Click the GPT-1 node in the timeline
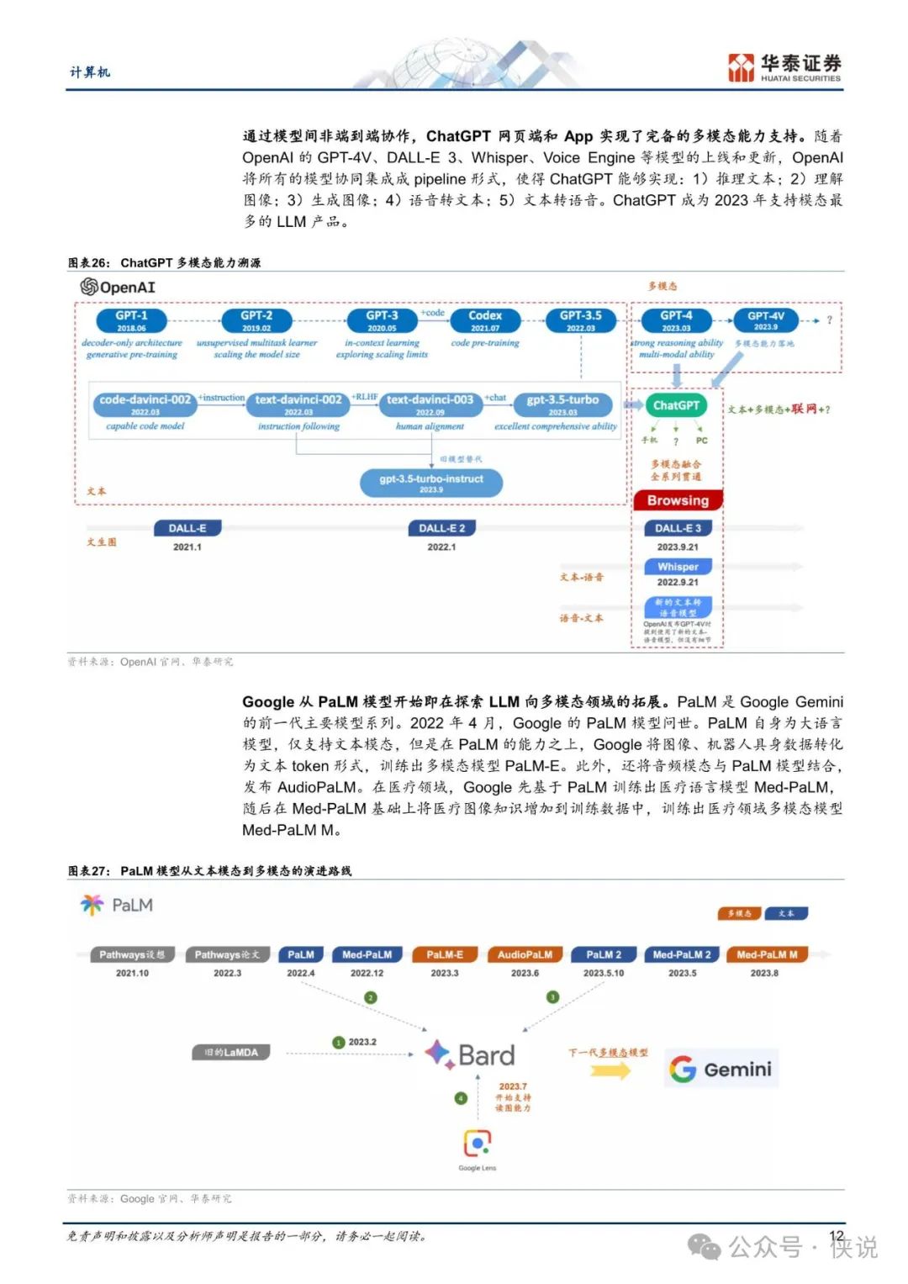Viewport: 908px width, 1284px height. [131, 320]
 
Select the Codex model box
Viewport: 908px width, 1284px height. [485, 320]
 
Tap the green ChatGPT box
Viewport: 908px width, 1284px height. [676, 405]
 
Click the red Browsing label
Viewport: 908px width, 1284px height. [678, 500]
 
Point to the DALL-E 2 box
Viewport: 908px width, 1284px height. [441, 528]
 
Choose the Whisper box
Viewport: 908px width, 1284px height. [678, 567]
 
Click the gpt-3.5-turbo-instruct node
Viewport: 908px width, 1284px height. [431, 482]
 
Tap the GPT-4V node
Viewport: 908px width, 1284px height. [765, 320]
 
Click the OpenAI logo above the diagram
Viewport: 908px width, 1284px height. [118, 287]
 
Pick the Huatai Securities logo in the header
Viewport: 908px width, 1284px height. [784, 67]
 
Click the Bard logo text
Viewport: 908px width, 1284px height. [471, 1054]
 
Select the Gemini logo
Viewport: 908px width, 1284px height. [721, 1069]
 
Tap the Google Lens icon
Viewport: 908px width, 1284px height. [478, 1143]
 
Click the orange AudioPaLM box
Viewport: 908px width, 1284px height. [525, 954]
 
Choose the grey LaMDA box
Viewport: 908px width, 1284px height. [231, 1052]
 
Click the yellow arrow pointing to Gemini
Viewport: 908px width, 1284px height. [610, 1070]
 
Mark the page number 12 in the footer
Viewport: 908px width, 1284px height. [836, 1235]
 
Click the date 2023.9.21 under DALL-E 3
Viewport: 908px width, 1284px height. [678, 547]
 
